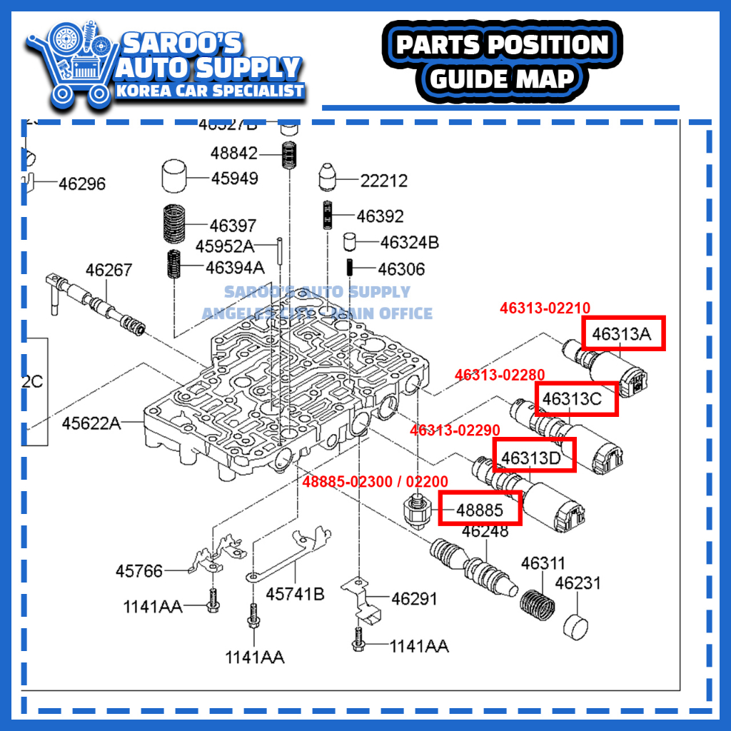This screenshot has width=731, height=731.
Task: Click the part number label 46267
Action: point(109,271)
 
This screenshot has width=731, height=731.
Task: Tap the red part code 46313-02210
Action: point(545,308)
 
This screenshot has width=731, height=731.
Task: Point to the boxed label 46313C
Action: point(577,398)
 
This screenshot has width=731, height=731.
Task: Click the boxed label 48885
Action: point(480,510)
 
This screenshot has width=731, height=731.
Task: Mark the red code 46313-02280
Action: point(500,375)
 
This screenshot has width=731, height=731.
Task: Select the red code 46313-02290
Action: point(455,430)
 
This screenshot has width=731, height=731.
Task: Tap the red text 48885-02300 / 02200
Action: point(375,482)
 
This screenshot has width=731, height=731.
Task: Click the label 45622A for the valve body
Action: point(91,423)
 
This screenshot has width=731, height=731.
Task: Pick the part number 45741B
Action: point(295,593)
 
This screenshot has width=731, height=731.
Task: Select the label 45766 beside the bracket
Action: point(139,571)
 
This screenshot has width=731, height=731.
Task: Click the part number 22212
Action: point(383,181)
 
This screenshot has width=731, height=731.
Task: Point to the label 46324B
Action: point(409,243)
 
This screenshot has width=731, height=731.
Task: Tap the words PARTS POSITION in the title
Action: point(503,45)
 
